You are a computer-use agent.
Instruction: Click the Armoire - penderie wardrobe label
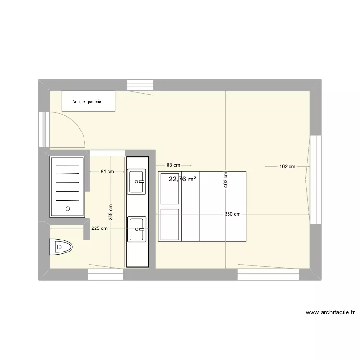[x=89, y=102]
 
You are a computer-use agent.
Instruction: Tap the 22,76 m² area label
[x=182, y=180]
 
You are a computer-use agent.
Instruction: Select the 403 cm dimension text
[x=226, y=180]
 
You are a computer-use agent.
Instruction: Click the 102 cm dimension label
[x=287, y=167]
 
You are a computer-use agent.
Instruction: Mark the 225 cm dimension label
[x=99, y=228]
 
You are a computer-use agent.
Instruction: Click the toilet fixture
[x=61, y=247]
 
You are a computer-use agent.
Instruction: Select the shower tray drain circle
[x=68, y=209]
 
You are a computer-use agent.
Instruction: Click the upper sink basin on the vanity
[x=137, y=182]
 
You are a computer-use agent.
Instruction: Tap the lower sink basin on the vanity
[x=137, y=229]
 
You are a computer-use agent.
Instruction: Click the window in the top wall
[x=140, y=84]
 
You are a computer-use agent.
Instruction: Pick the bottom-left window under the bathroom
[x=106, y=275]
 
